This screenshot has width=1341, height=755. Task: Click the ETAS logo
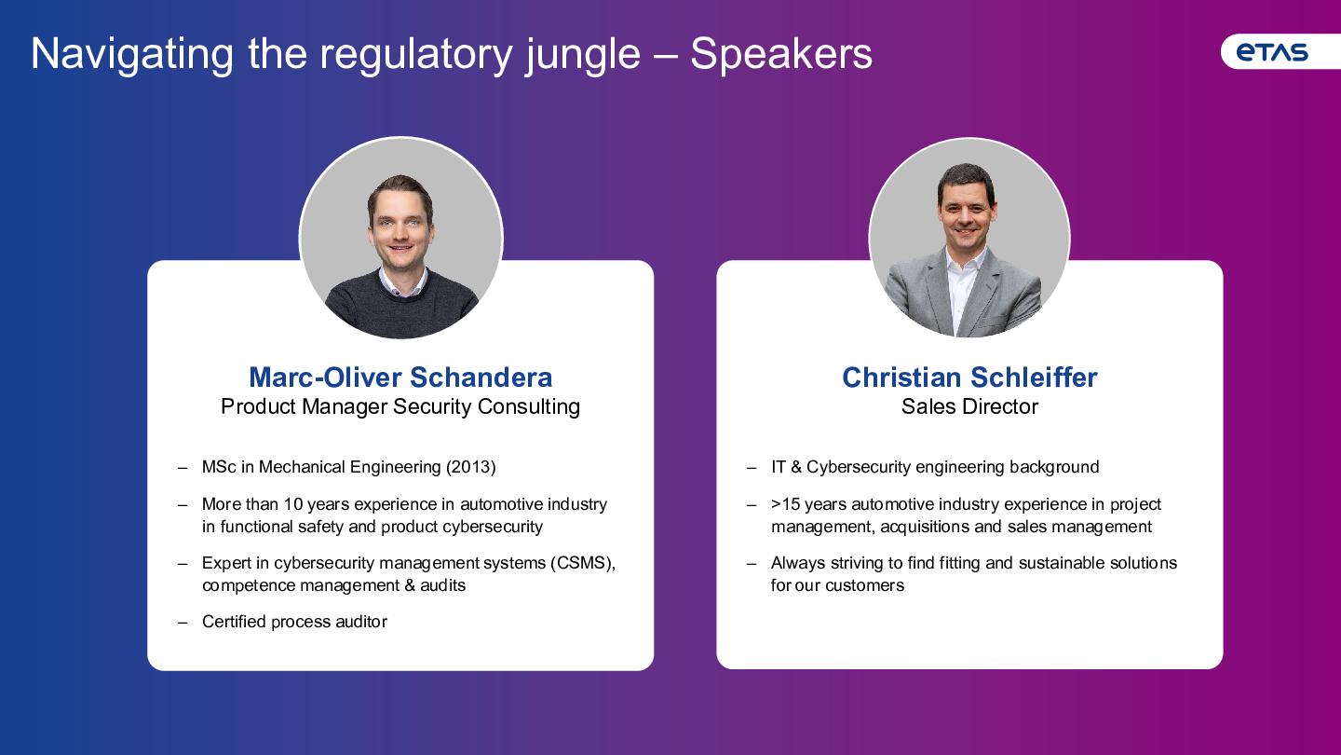pos(1272,52)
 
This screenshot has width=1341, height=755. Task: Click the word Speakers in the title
pos(781,54)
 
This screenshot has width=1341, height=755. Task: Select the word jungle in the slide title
pos(583,56)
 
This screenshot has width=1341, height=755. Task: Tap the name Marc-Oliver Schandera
pos(400,377)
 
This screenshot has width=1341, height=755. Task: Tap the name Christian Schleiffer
pos(969,377)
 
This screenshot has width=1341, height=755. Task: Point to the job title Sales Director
pos(969,406)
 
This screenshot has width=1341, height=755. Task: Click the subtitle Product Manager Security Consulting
pos(400,406)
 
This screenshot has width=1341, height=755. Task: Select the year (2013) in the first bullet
pos(471,467)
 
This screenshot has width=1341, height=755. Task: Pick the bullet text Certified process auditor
pos(294,622)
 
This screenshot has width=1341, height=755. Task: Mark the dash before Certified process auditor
pos(183,623)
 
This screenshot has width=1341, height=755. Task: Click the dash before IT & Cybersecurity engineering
pos(752,468)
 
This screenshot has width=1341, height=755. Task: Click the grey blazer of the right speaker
pos(964,294)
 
